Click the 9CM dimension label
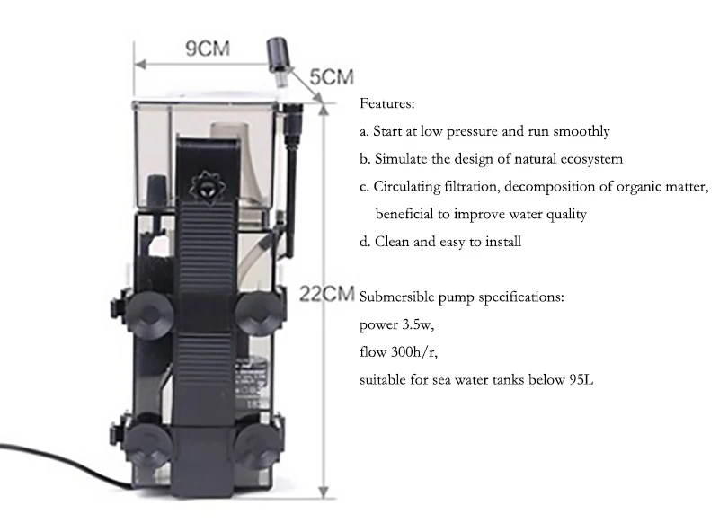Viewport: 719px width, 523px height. click(x=207, y=49)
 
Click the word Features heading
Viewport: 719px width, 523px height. click(x=387, y=103)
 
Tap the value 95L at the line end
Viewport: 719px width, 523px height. click(x=581, y=379)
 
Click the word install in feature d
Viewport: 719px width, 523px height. click(x=502, y=241)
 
